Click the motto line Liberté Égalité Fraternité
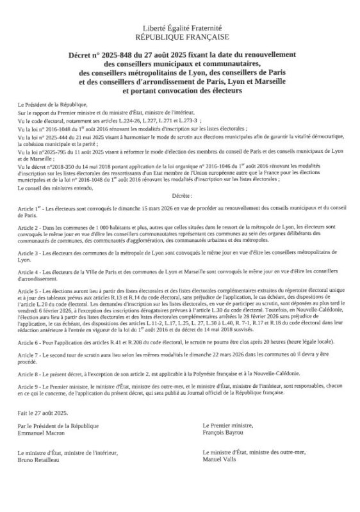tap(180, 29)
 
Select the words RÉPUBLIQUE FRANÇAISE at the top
tap(180, 38)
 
